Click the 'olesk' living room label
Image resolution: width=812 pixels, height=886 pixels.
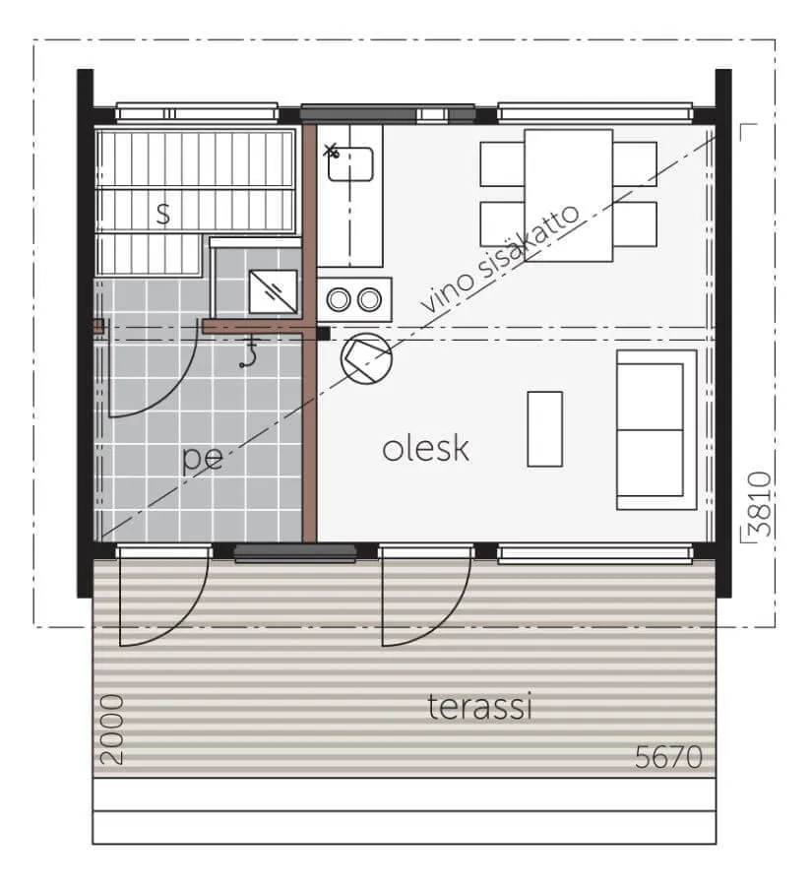click(425, 449)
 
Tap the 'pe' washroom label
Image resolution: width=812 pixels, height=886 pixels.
click(203, 458)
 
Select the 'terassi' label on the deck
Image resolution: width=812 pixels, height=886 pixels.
click(479, 706)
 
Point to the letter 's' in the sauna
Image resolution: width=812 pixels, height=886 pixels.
click(162, 214)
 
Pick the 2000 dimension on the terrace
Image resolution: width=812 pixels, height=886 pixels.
click(111, 729)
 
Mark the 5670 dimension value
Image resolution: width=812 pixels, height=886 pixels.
click(668, 757)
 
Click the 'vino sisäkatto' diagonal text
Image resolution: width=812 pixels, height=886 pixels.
click(501, 258)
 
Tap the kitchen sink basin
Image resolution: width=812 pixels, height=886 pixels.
click(350, 164)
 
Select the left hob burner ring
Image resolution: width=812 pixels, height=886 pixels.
click(339, 299)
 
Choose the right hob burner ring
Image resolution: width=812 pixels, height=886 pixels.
click(369, 299)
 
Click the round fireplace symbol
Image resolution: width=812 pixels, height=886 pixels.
click(366, 358)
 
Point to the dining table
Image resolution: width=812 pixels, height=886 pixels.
click(569, 196)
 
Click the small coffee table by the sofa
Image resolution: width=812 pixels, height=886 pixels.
click(544, 429)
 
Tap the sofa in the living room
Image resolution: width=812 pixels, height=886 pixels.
click(656, 430)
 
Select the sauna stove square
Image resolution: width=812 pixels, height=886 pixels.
click(273, 291)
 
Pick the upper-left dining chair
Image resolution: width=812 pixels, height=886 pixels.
click(502, 163)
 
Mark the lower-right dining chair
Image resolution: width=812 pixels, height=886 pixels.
click(635, 224)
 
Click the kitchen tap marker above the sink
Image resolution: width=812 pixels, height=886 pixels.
click(331, 151)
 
